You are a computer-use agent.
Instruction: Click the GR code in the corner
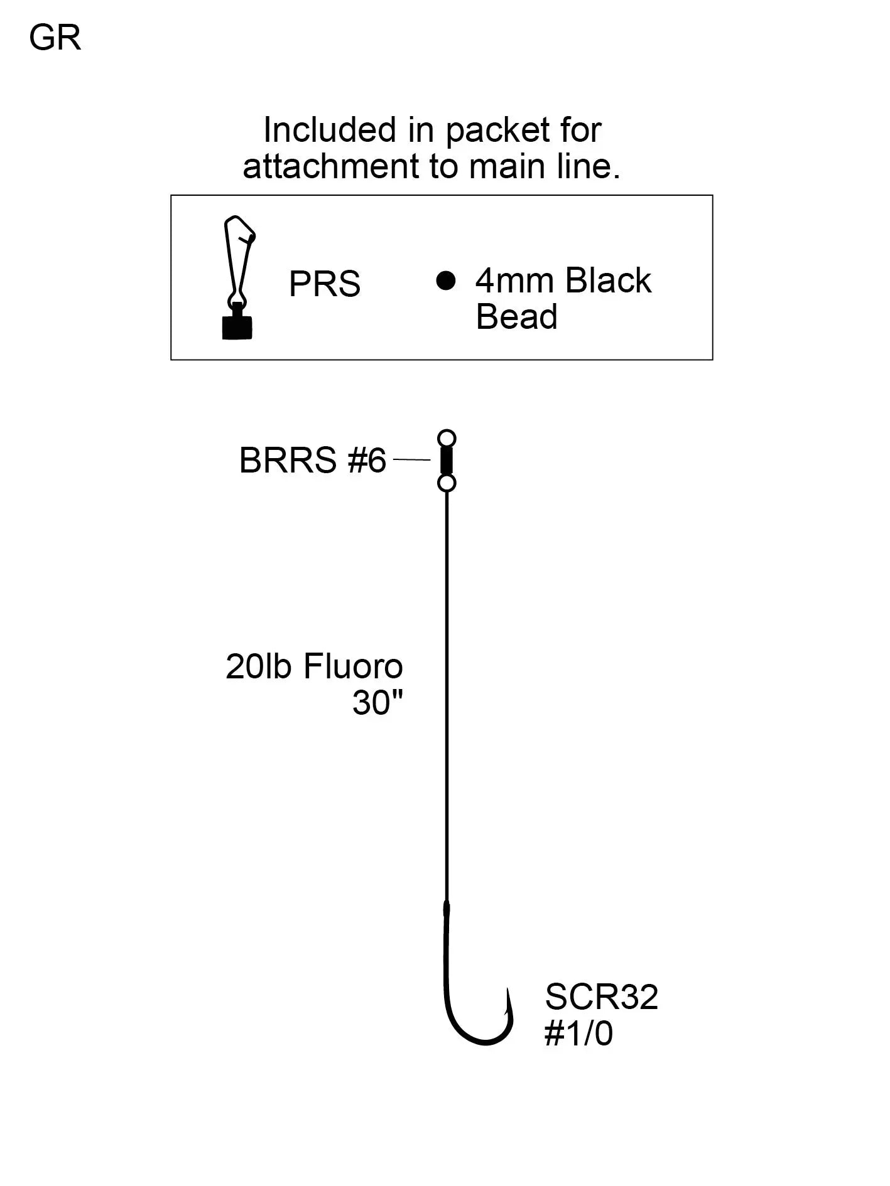(55, 38)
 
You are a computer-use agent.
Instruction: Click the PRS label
(325, 284)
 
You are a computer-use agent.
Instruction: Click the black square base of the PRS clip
(237, 327)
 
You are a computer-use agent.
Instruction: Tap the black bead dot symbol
(445, 280)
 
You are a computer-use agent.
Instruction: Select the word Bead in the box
(516, 317)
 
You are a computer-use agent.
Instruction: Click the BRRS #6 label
(312, 461)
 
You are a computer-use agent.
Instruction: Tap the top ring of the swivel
(447, 437)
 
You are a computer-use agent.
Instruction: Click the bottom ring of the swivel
(447, 483)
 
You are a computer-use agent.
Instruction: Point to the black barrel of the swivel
(447, 460)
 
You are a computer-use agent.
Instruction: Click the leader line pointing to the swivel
(411, 460)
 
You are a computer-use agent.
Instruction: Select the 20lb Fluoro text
(314, 666)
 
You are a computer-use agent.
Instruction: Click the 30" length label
(377, 703)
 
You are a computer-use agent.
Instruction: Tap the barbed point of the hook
(506, 1003)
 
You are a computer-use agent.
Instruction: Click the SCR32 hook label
(601, 996)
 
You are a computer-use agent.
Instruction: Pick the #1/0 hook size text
(578, 1034)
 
